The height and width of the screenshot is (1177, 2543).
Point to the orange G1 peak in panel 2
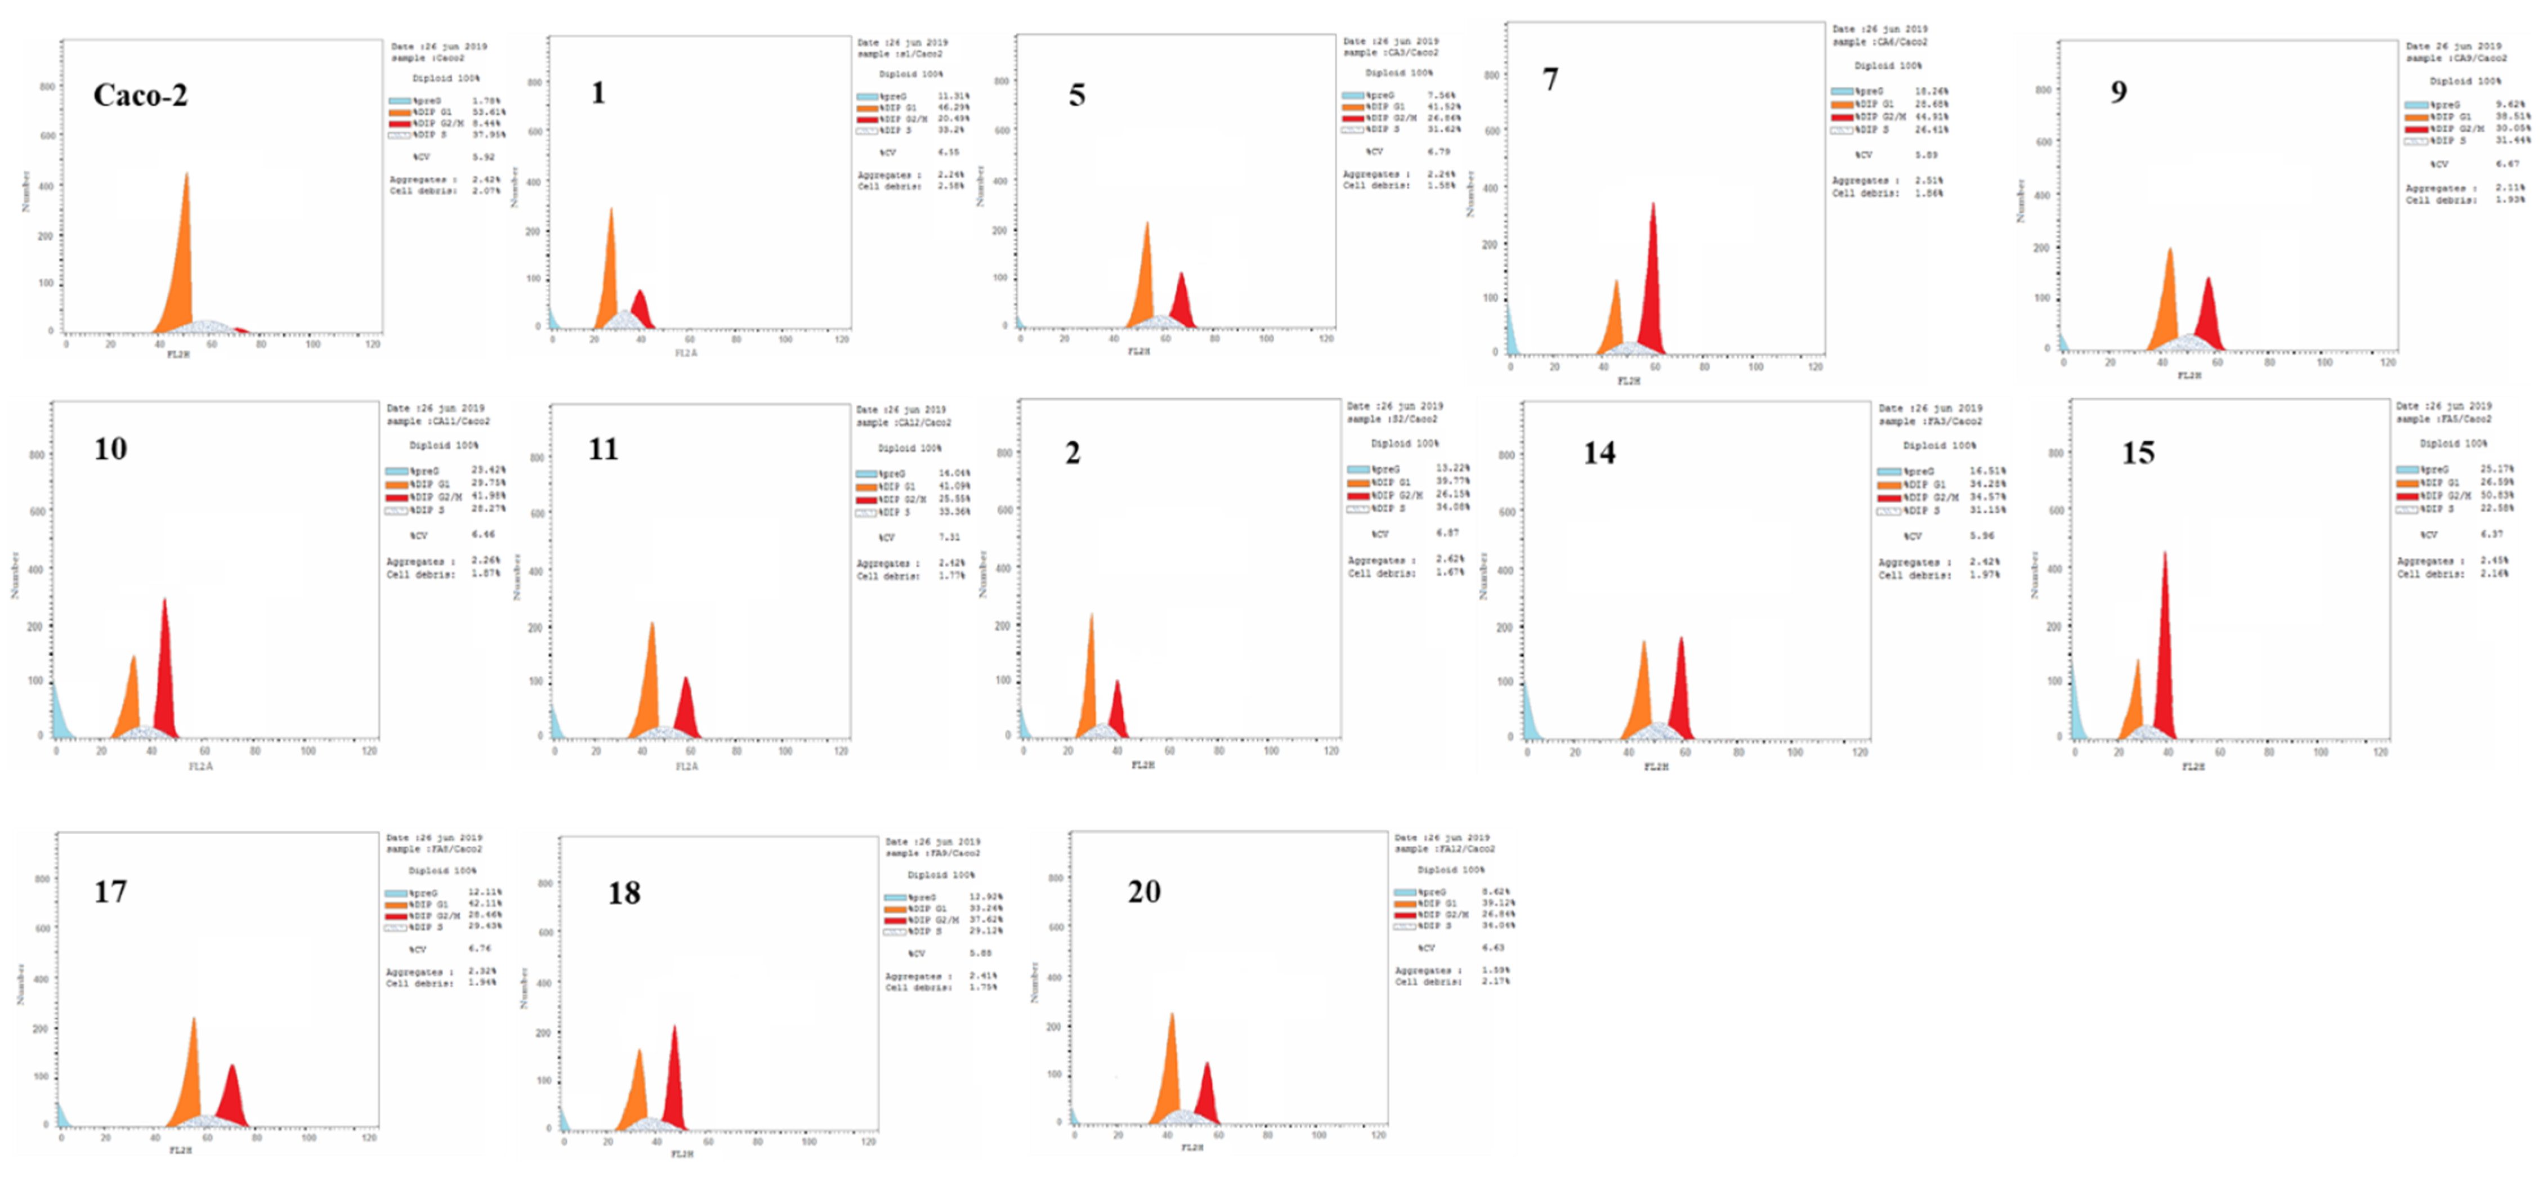(x=1088, y=691)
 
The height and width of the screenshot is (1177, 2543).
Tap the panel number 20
(x=1144, y=892)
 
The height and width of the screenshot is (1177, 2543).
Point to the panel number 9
(x=2119, y=92)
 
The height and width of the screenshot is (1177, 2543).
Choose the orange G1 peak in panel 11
(x=647, y=691)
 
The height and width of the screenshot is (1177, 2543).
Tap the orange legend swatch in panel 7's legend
(x=1841, y=104)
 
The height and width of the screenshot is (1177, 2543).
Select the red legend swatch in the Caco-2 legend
(x=399, y=123)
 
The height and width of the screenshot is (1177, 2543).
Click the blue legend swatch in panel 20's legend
(x=1405, y=892)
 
